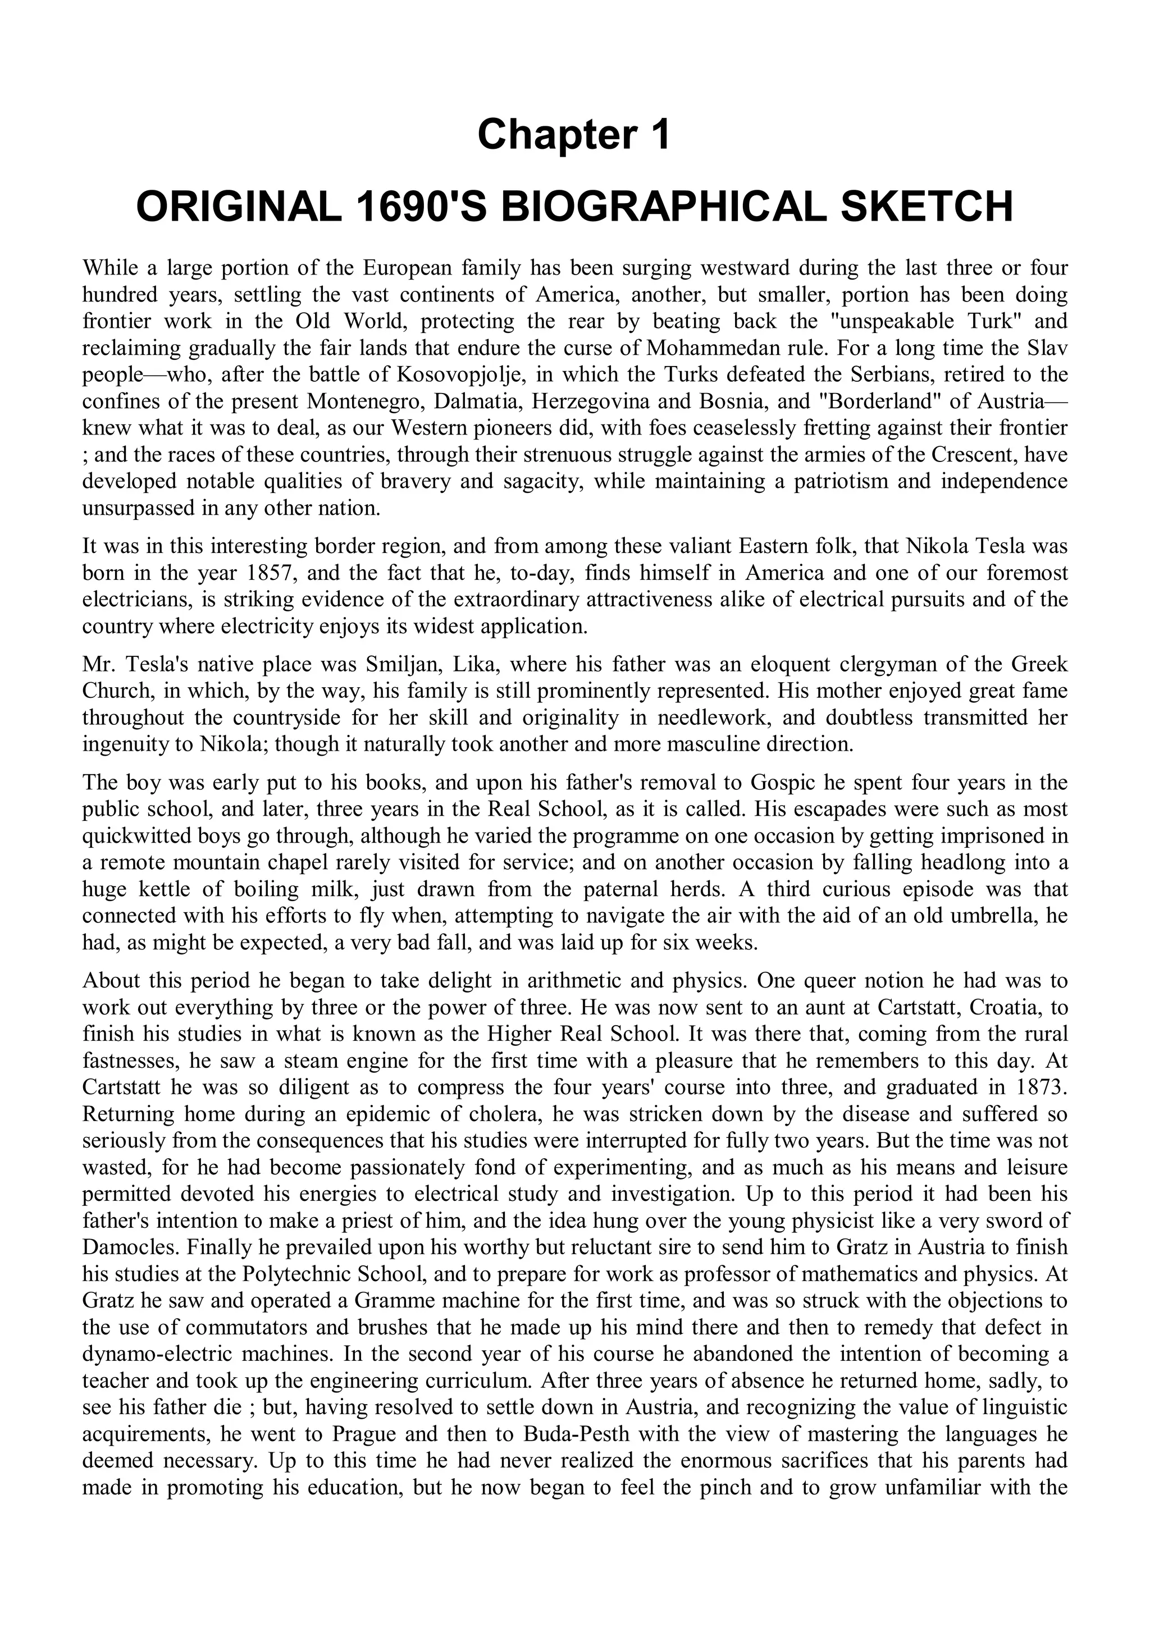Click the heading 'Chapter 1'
click(574, 135)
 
